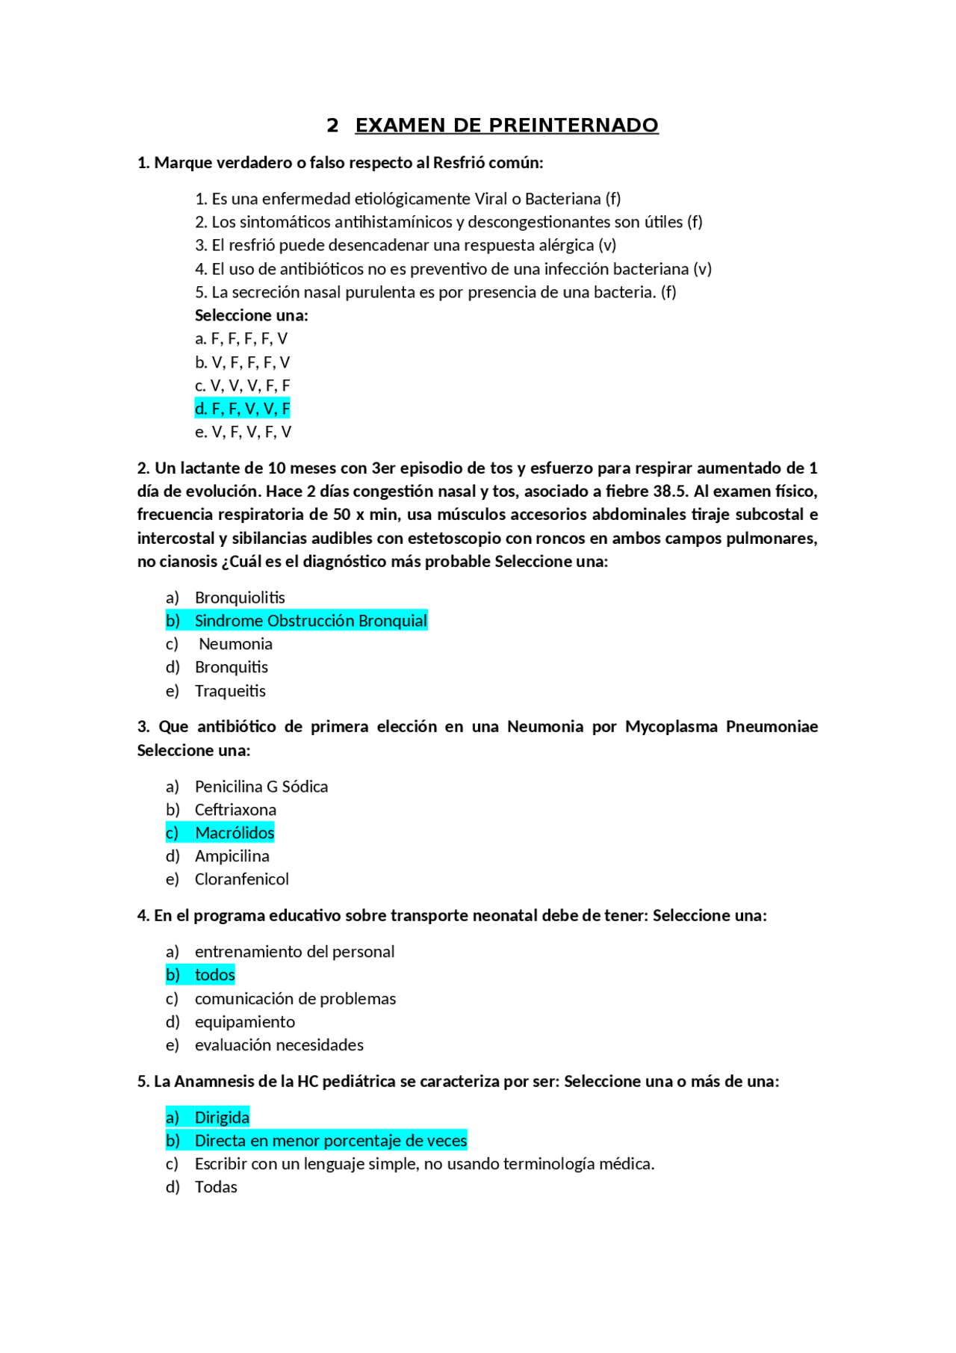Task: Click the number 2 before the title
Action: [x=332, y=126]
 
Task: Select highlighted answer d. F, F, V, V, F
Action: [x=242, y=409]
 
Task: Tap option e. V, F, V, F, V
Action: [x=243, y=432]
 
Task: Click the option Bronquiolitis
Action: [x=240, y=598]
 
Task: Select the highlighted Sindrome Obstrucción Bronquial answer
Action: [x=311, y=621]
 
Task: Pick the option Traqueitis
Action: [x=230, y=691]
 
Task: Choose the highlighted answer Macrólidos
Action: [x=235, y=833]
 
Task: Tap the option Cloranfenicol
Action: [x=241, y=879]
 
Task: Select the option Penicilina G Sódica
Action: [x=261, y=787]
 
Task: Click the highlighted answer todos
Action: [x=215, y=975]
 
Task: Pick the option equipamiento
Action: [x=244, y=1022]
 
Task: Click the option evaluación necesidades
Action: [x=279, y=1045]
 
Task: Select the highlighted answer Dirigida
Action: [x=222, y=1118]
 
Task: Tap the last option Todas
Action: [x=216, y=1187]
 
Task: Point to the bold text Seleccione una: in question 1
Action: [x=251, y=315]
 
